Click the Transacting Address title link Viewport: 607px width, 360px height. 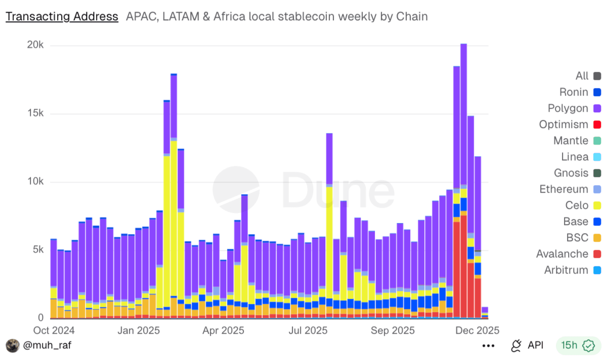click(62, 17)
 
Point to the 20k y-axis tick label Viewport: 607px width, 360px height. click(35, 45)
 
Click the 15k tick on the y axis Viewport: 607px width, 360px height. click(35, 113)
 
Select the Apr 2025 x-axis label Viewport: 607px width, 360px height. click(223, 331)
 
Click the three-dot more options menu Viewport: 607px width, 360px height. click(488, 346)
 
